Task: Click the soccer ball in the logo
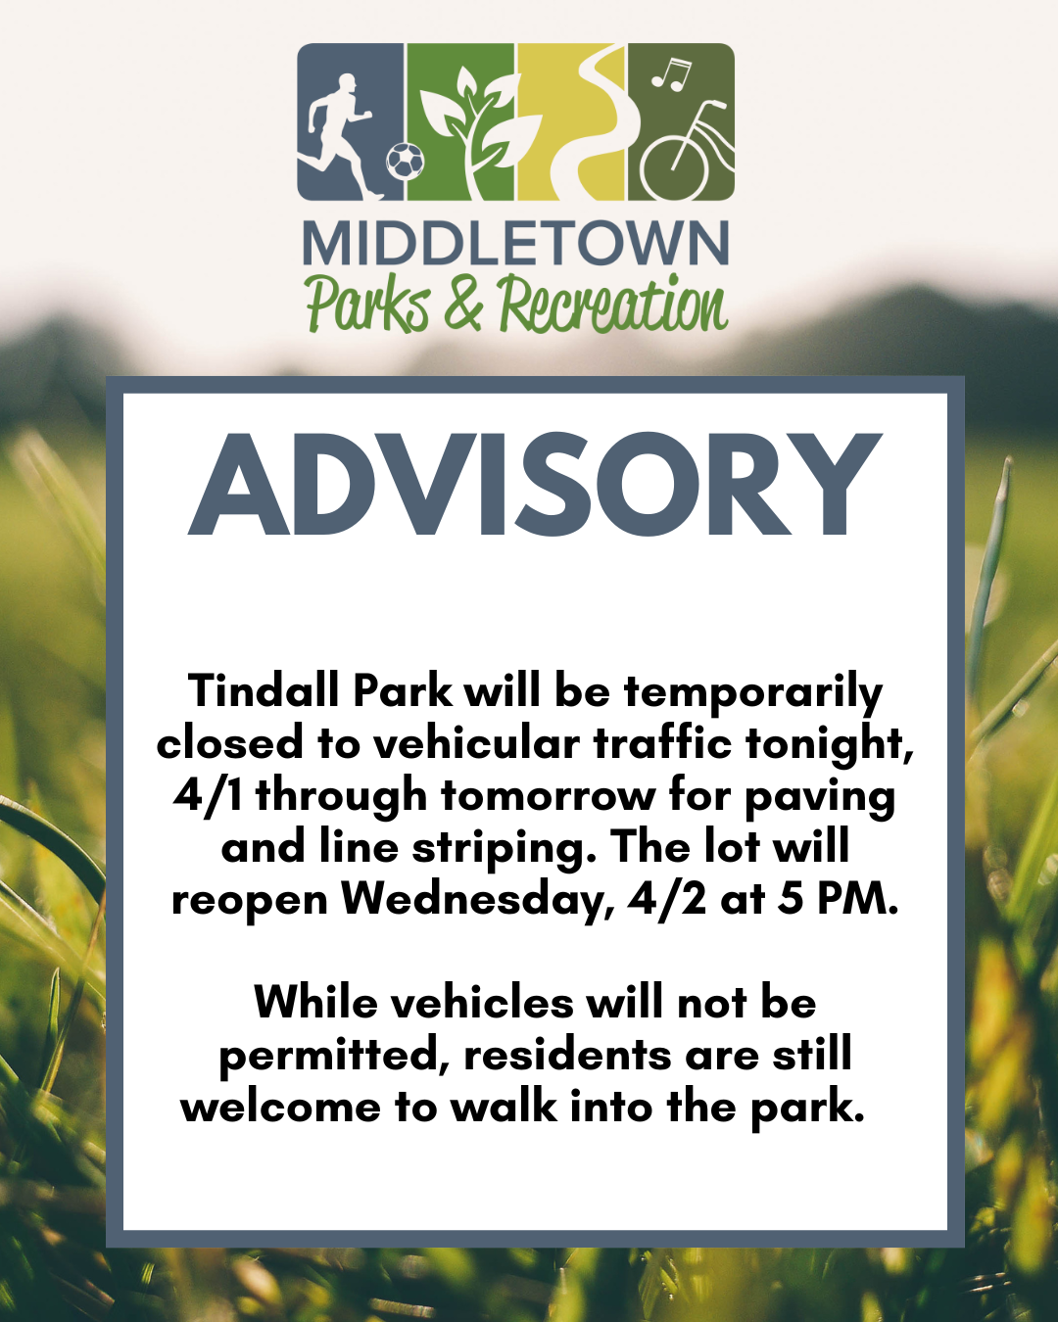[405, 160]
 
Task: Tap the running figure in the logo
[341, 132]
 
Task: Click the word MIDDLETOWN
[515, 244]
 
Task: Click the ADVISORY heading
[535, 487]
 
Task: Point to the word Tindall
[264, 690]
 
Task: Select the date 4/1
[208, 795]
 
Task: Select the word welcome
[280, 1107]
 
